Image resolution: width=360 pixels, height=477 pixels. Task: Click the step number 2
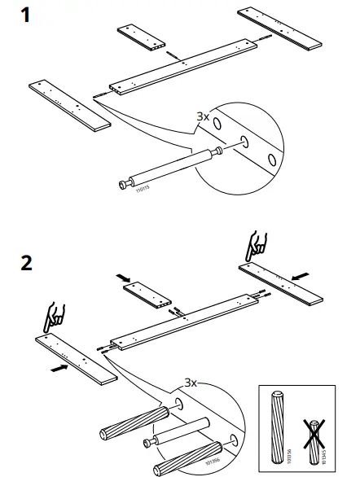pyautogui.click(x=27, y=264)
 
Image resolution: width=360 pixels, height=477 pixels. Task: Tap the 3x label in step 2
pyautogui.click(x=189, y=382)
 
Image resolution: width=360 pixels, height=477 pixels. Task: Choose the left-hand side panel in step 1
pyautogui.click(x=69, y=103)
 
